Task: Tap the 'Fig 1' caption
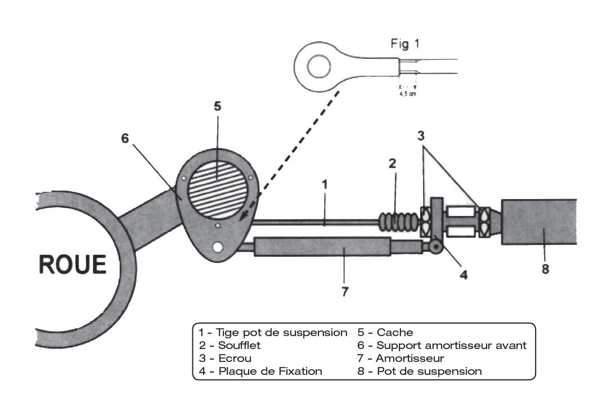click(x=404, y=44)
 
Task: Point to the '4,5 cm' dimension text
click(x=407, y=94)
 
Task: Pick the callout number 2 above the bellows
click(x=393, y=164)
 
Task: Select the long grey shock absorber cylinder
click(x=323, y=246)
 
